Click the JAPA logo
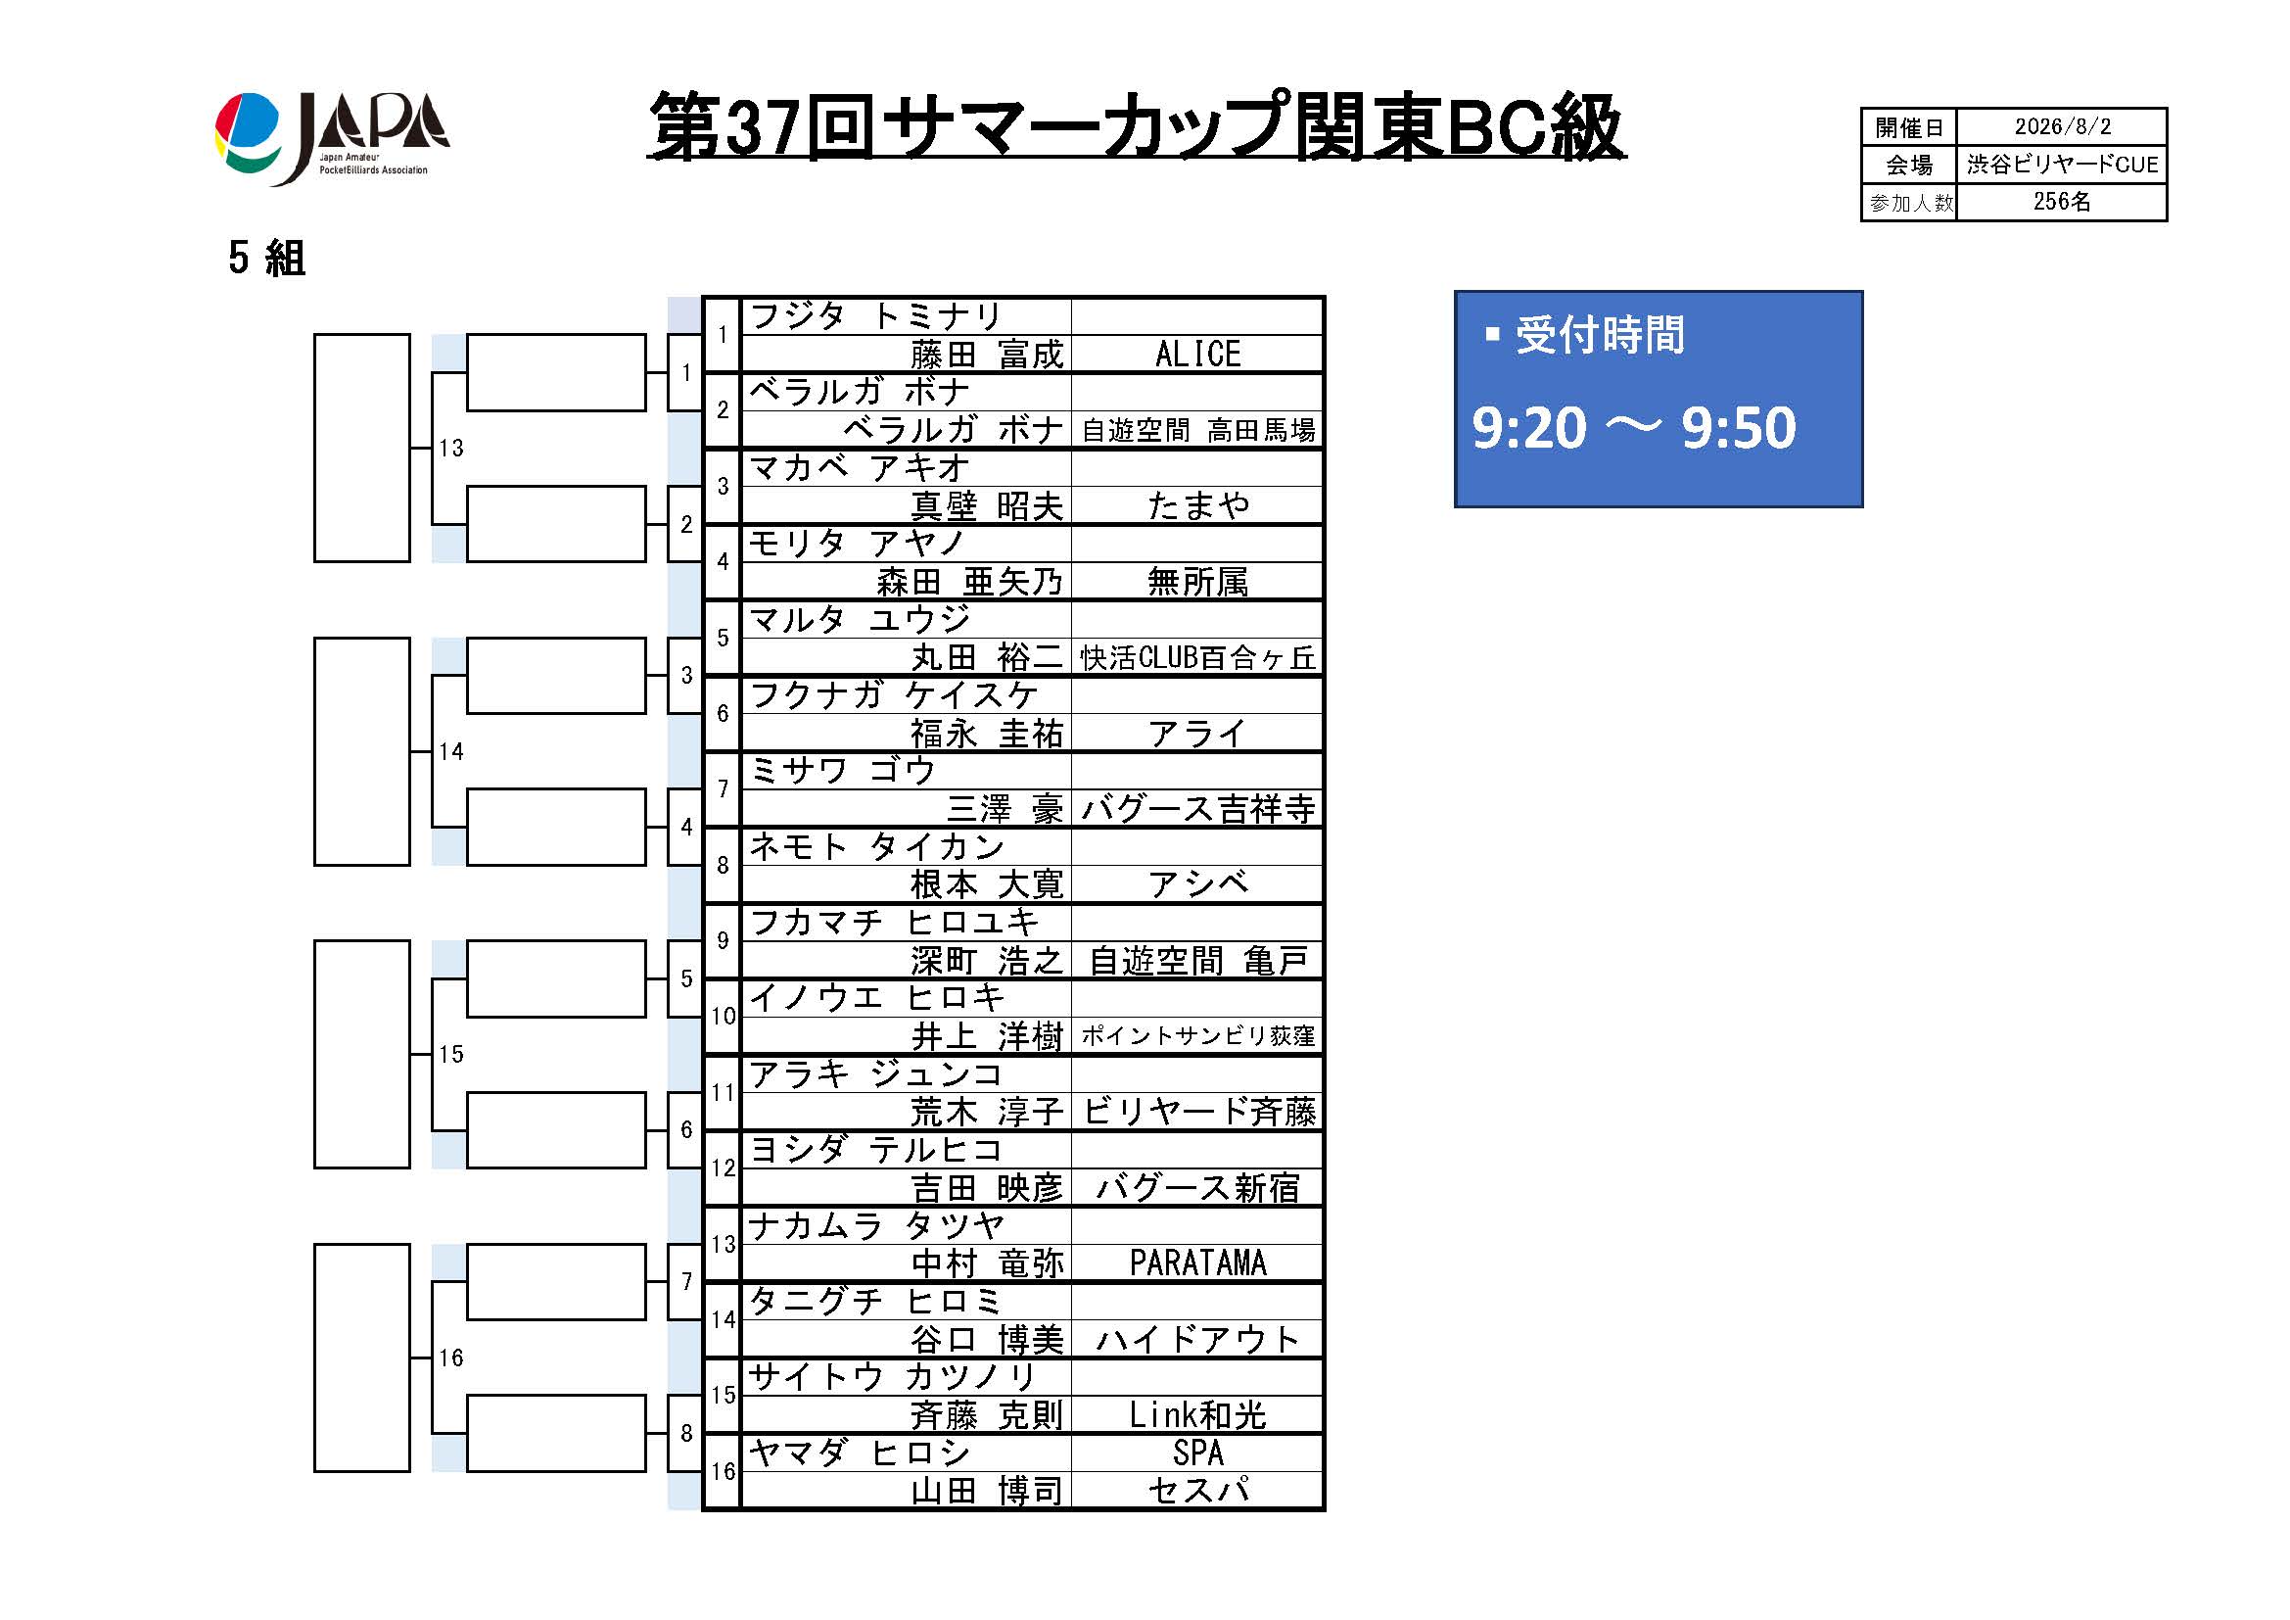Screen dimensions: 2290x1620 (332, 139)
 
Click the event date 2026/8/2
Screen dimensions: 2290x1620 (2062, 126)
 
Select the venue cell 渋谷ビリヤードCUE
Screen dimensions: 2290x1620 (2062, 165)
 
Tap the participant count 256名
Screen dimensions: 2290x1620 (2062, 202)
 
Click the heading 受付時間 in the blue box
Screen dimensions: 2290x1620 (1599, 335)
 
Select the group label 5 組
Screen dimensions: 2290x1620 (266, 259)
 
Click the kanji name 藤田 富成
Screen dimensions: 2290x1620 (987, 355)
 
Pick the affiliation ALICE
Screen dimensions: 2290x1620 (1197, 355)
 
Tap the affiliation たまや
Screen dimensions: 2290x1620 (1197, 505)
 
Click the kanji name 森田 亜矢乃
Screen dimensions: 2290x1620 (969, 582)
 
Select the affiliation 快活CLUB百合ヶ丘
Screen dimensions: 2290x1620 (1197, 657)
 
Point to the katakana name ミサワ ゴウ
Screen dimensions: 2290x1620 (842, 770)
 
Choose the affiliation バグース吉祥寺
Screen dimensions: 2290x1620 (1197, 809)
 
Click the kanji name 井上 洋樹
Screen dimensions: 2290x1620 (987, 1036)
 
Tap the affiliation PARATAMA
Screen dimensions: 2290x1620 (1197, 1263)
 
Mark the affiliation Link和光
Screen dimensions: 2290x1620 (1197, 1414)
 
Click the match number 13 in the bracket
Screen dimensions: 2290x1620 (450, 448)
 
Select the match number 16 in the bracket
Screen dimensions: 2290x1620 (450, 1358)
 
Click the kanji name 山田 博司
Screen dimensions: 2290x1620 (987, 1492)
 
